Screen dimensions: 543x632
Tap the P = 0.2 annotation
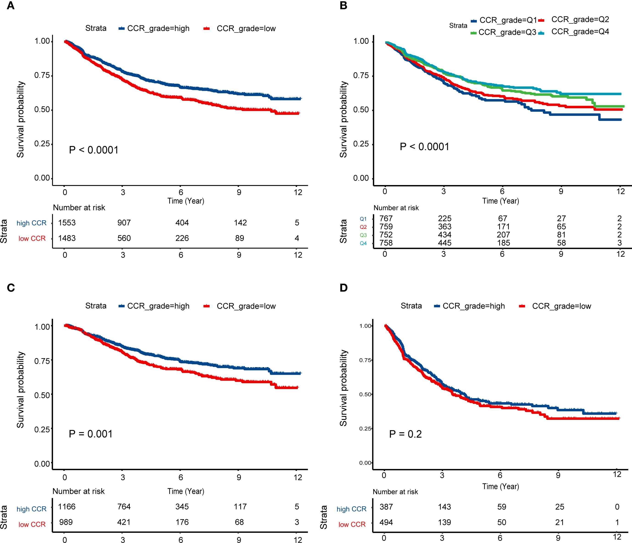coord(405,434)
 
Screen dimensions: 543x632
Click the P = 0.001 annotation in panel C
coord(91,434)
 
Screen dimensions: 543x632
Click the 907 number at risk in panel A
coord(124,223)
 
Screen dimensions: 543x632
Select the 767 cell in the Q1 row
coord(386,219)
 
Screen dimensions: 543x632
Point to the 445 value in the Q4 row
coord(445,243)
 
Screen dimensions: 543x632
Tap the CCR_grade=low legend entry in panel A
coord(246,29)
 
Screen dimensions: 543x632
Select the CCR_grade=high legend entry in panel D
coord(473,306)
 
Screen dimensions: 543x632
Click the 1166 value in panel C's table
coord(67,507)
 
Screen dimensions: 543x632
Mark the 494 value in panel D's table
coord(386,522)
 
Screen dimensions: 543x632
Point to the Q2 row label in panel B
coord(363,227)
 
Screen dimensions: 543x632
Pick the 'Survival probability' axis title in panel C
coord(20,390)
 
